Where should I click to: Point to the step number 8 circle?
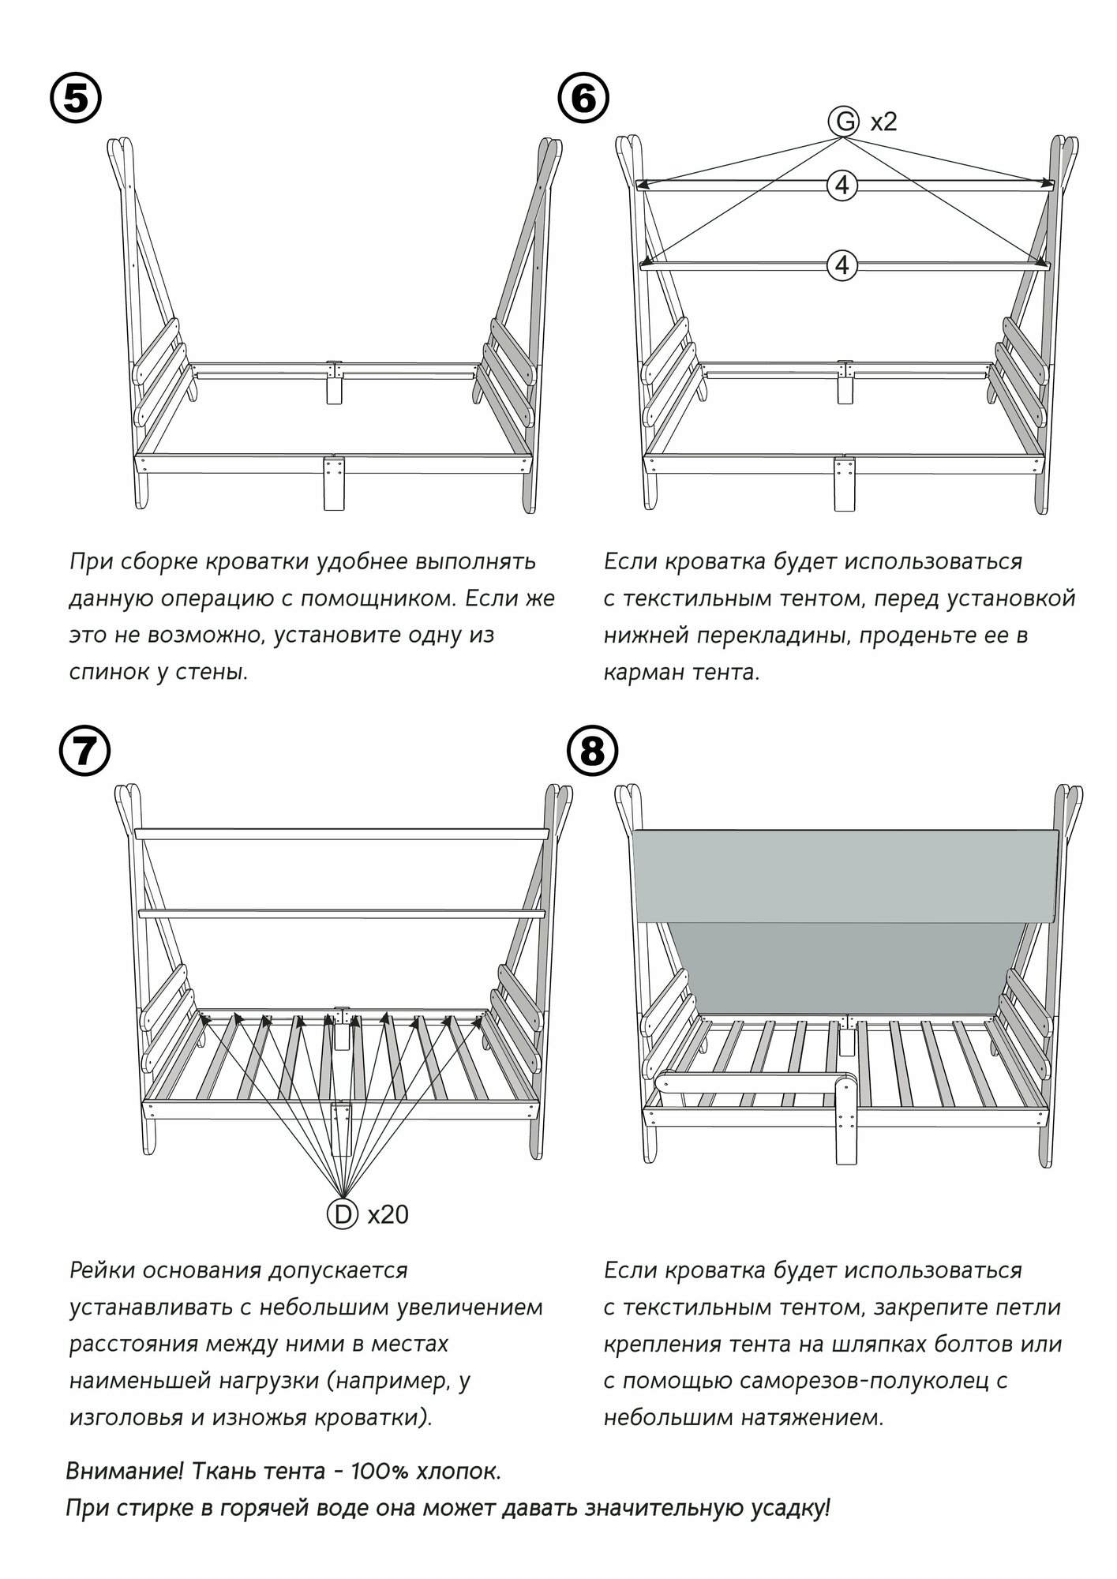(x=593, y=754)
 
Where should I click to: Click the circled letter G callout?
(x=844, y=122)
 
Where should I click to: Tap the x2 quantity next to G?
(x=883, y=122)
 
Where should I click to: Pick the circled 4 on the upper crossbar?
(x=842, y=186)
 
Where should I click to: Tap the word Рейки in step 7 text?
(x=102, y=1270)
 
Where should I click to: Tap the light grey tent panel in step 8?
(x=845, y=875)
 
